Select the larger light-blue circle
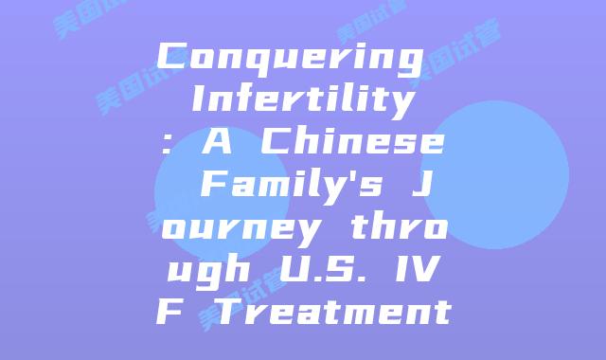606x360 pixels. tap(493, 175)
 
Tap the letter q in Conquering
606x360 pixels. tap(248, 59)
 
